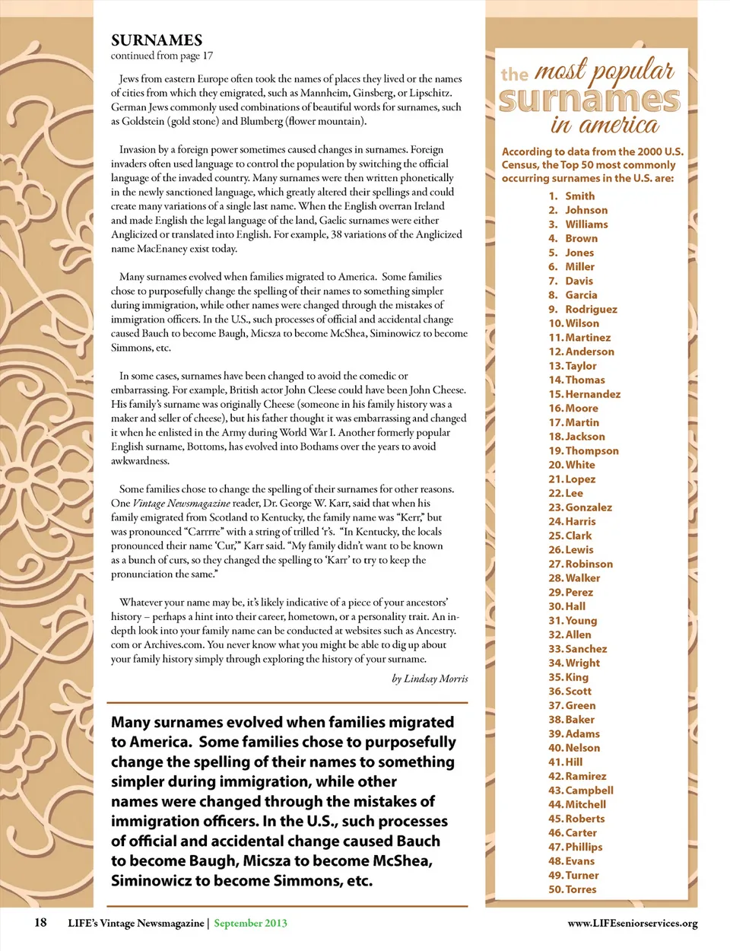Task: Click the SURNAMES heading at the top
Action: [157, 40]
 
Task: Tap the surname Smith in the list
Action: [579, 196]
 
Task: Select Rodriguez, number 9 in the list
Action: [591, 309]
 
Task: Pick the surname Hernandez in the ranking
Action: [592, 394]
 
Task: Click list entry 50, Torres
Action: [580, 889]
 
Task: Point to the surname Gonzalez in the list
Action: [589, 507]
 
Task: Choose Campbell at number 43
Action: [589, 790]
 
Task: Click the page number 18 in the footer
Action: [40, 923]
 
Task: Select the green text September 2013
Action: [250, 923]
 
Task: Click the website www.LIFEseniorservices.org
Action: [632, 924]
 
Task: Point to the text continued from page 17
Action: [162, 56]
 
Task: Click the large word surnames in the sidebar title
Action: [589, 100]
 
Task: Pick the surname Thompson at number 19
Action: [592, 450]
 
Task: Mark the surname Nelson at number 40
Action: [582, 748]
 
